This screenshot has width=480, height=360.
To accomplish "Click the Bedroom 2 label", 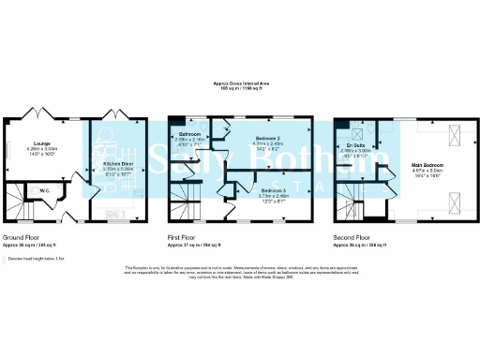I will [x=269, y=140].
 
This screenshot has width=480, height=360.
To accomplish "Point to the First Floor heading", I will [x=183, y=237].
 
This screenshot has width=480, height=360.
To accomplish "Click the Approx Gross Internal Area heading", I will [x=239, y=84].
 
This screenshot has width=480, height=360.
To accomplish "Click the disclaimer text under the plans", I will [x=239, y=273].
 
